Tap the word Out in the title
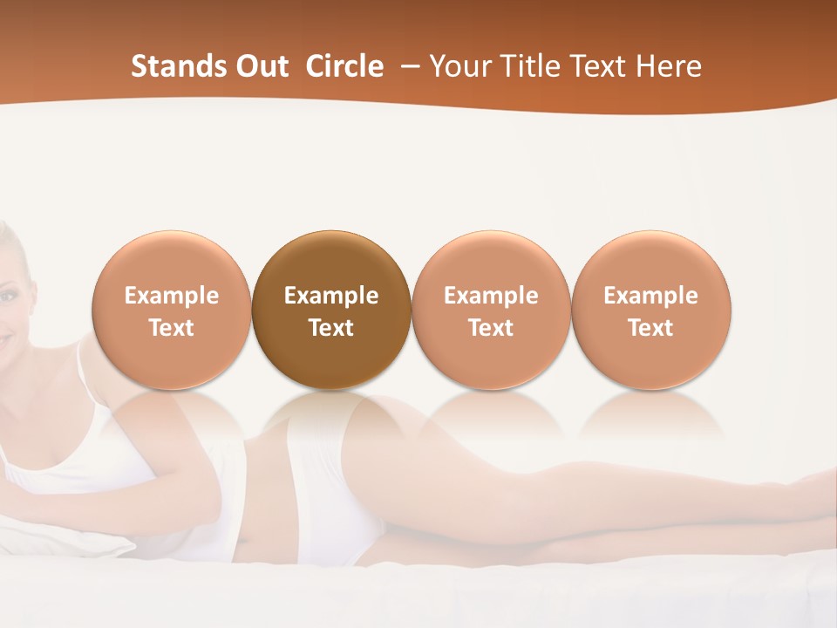click(260, 66)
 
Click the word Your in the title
click(458, 66)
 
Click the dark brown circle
click(330, 311)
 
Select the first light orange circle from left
click(171, 311)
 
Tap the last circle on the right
click(650, 311)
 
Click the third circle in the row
click(491, 311)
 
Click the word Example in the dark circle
click(330, 296)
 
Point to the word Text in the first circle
click(171, 328)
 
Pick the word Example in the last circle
click(650, 296)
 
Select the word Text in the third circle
click(491, 328)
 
